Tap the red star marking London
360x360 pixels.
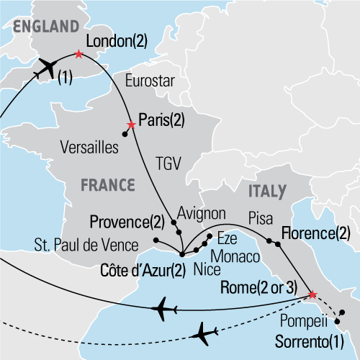(78, 54)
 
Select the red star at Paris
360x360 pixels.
(130, 124)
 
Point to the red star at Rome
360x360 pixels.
(312, 294)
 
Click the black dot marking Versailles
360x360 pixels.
(125, 134)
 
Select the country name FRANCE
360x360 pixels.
(107, 184)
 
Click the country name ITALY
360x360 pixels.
(266, 191)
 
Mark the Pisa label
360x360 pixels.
(261, 216)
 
